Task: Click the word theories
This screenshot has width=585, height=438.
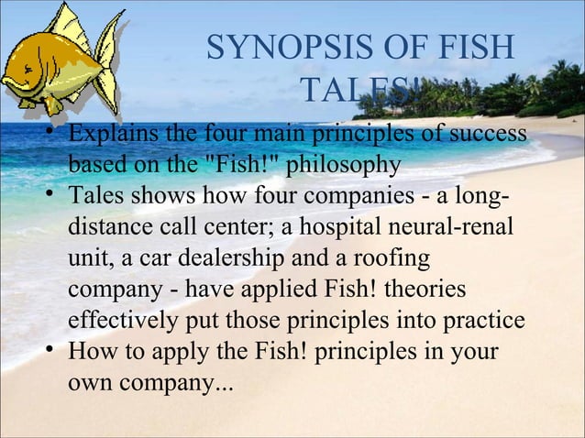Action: point(422,290)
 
